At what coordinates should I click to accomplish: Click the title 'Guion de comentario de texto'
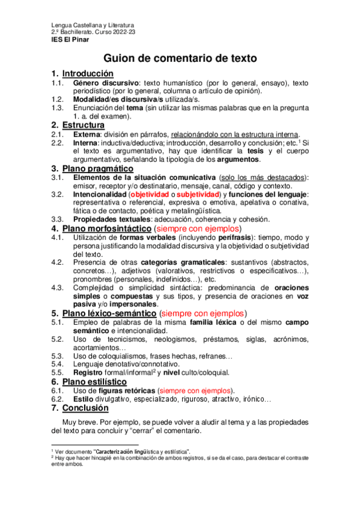(180, 58)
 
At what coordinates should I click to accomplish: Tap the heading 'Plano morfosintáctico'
(106, 229)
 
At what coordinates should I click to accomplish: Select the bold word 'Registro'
(90, 373)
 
